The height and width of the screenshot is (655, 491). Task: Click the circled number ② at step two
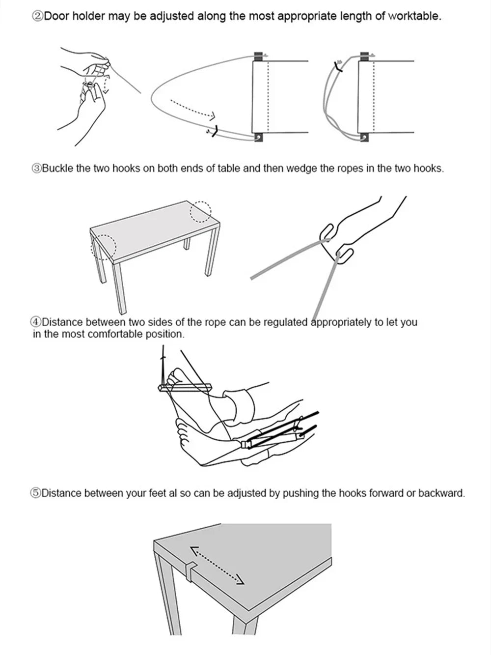[x=38, y=16]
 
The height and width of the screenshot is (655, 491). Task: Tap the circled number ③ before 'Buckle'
[x=37, y=169]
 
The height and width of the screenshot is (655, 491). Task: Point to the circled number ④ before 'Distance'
[x=36, y=323]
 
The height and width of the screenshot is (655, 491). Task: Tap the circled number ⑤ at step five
[x=36, y=493]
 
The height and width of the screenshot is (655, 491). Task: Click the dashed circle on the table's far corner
[x=200, y=211]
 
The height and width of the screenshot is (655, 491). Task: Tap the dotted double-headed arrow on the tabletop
[x=217, y=565]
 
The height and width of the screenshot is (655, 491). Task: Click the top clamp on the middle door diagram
[x=258, y=56]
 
